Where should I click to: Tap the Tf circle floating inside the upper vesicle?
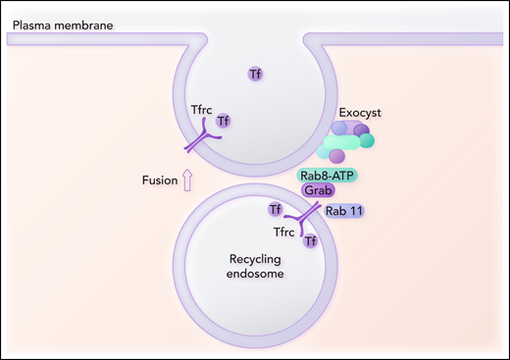click(255, 73)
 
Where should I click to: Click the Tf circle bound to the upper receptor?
click(224, 122)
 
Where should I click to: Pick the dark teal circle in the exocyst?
click(367, 140)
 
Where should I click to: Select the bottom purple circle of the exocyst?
click(336, 156)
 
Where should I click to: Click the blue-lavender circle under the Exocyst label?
click(338, 129)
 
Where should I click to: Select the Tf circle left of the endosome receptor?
click(276, 209)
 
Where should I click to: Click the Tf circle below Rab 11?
click(310, 240)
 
